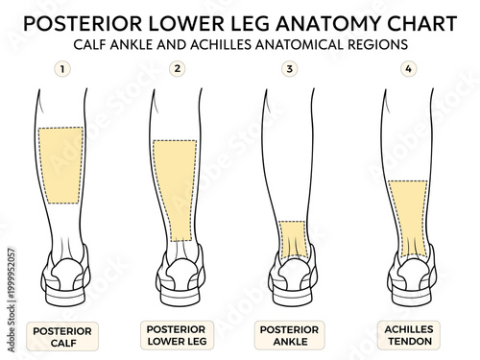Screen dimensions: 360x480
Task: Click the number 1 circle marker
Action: pyautogui.click(x=62, y=70)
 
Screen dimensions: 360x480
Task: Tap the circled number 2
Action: pyautogui.click(x=176, y=69)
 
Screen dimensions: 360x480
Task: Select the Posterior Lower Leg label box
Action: pyautogui.click(x=177, y=335)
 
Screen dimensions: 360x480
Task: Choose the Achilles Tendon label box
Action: pyautogui.click(x=407, y=335)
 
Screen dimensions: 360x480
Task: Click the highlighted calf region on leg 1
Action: pyautogui.click(x=60, y=164)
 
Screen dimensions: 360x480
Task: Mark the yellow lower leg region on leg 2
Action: pyautogui.click(x=175, y=188)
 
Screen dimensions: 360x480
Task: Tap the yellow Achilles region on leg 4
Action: pyautogui.click(x=408, y=219)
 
